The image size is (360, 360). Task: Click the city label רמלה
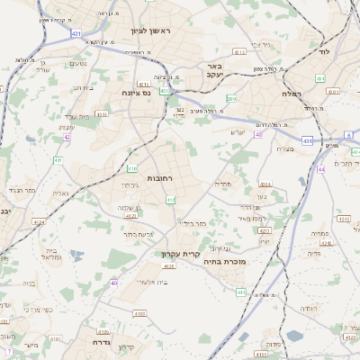(x=289, y=93)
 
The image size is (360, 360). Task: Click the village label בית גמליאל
(x=51, y=254)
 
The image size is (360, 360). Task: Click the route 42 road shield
(x=67, y=137)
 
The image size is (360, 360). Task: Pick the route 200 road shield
(x=231, y=99)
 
